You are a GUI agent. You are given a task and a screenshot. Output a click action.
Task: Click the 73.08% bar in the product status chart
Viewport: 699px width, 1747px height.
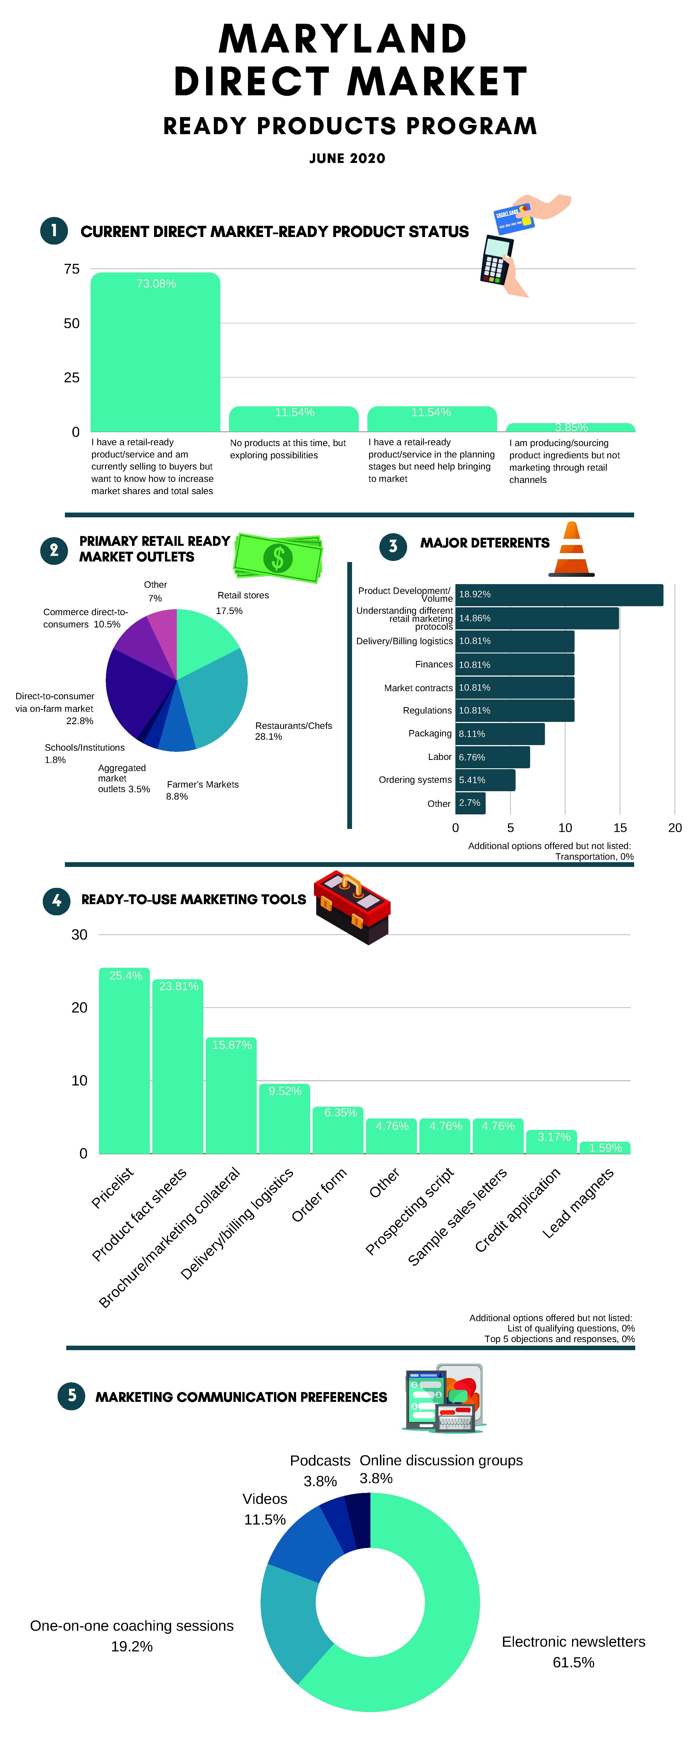(155, 353)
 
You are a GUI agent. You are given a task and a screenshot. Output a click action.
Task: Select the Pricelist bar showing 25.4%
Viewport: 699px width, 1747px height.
(124, 1061)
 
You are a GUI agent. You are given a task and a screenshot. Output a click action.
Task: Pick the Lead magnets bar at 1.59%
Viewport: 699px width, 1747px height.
(605, 1148)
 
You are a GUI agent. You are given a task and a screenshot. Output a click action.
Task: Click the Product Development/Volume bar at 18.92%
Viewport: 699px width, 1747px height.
(559, 595)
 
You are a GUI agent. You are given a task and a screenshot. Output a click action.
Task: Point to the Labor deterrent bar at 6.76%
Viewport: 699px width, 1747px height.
(492, 757)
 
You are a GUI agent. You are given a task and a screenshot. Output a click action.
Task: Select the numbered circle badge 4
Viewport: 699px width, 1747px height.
(56, 901)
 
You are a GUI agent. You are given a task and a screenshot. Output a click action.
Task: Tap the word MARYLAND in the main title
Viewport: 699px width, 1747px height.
(343, 39)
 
